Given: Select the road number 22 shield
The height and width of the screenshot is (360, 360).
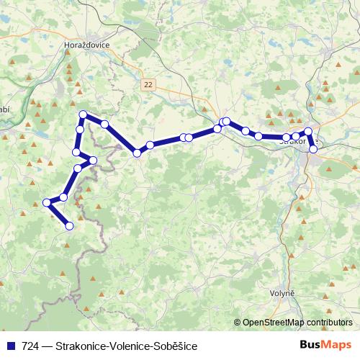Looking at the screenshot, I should click(148, 84).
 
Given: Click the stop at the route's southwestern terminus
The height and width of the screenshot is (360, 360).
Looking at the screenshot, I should click(70, 226).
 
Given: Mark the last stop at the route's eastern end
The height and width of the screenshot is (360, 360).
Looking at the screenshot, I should click(313, 149).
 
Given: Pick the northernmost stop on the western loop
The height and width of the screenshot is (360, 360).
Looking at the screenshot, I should click(84, 114).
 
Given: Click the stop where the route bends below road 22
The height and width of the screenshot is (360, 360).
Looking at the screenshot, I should click(136, 153).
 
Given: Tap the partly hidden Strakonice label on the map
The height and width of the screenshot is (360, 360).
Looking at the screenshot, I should click(291, 143).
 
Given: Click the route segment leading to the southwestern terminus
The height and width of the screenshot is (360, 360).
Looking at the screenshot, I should click(59, 215).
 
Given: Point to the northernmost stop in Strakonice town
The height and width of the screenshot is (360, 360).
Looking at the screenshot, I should click(308, 132).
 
